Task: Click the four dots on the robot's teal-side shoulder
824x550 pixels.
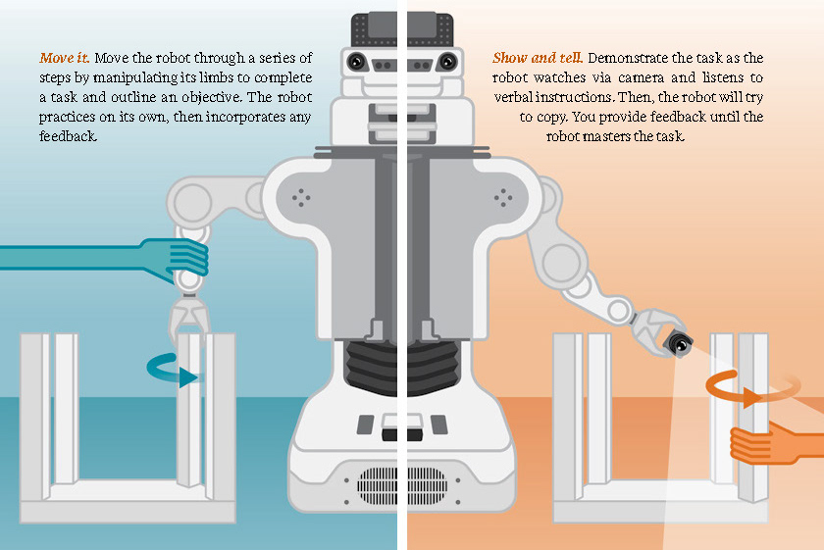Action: [302, 198]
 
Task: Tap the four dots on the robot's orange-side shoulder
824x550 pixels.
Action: [504, 198]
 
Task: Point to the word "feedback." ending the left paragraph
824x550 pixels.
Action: [69, 136]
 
